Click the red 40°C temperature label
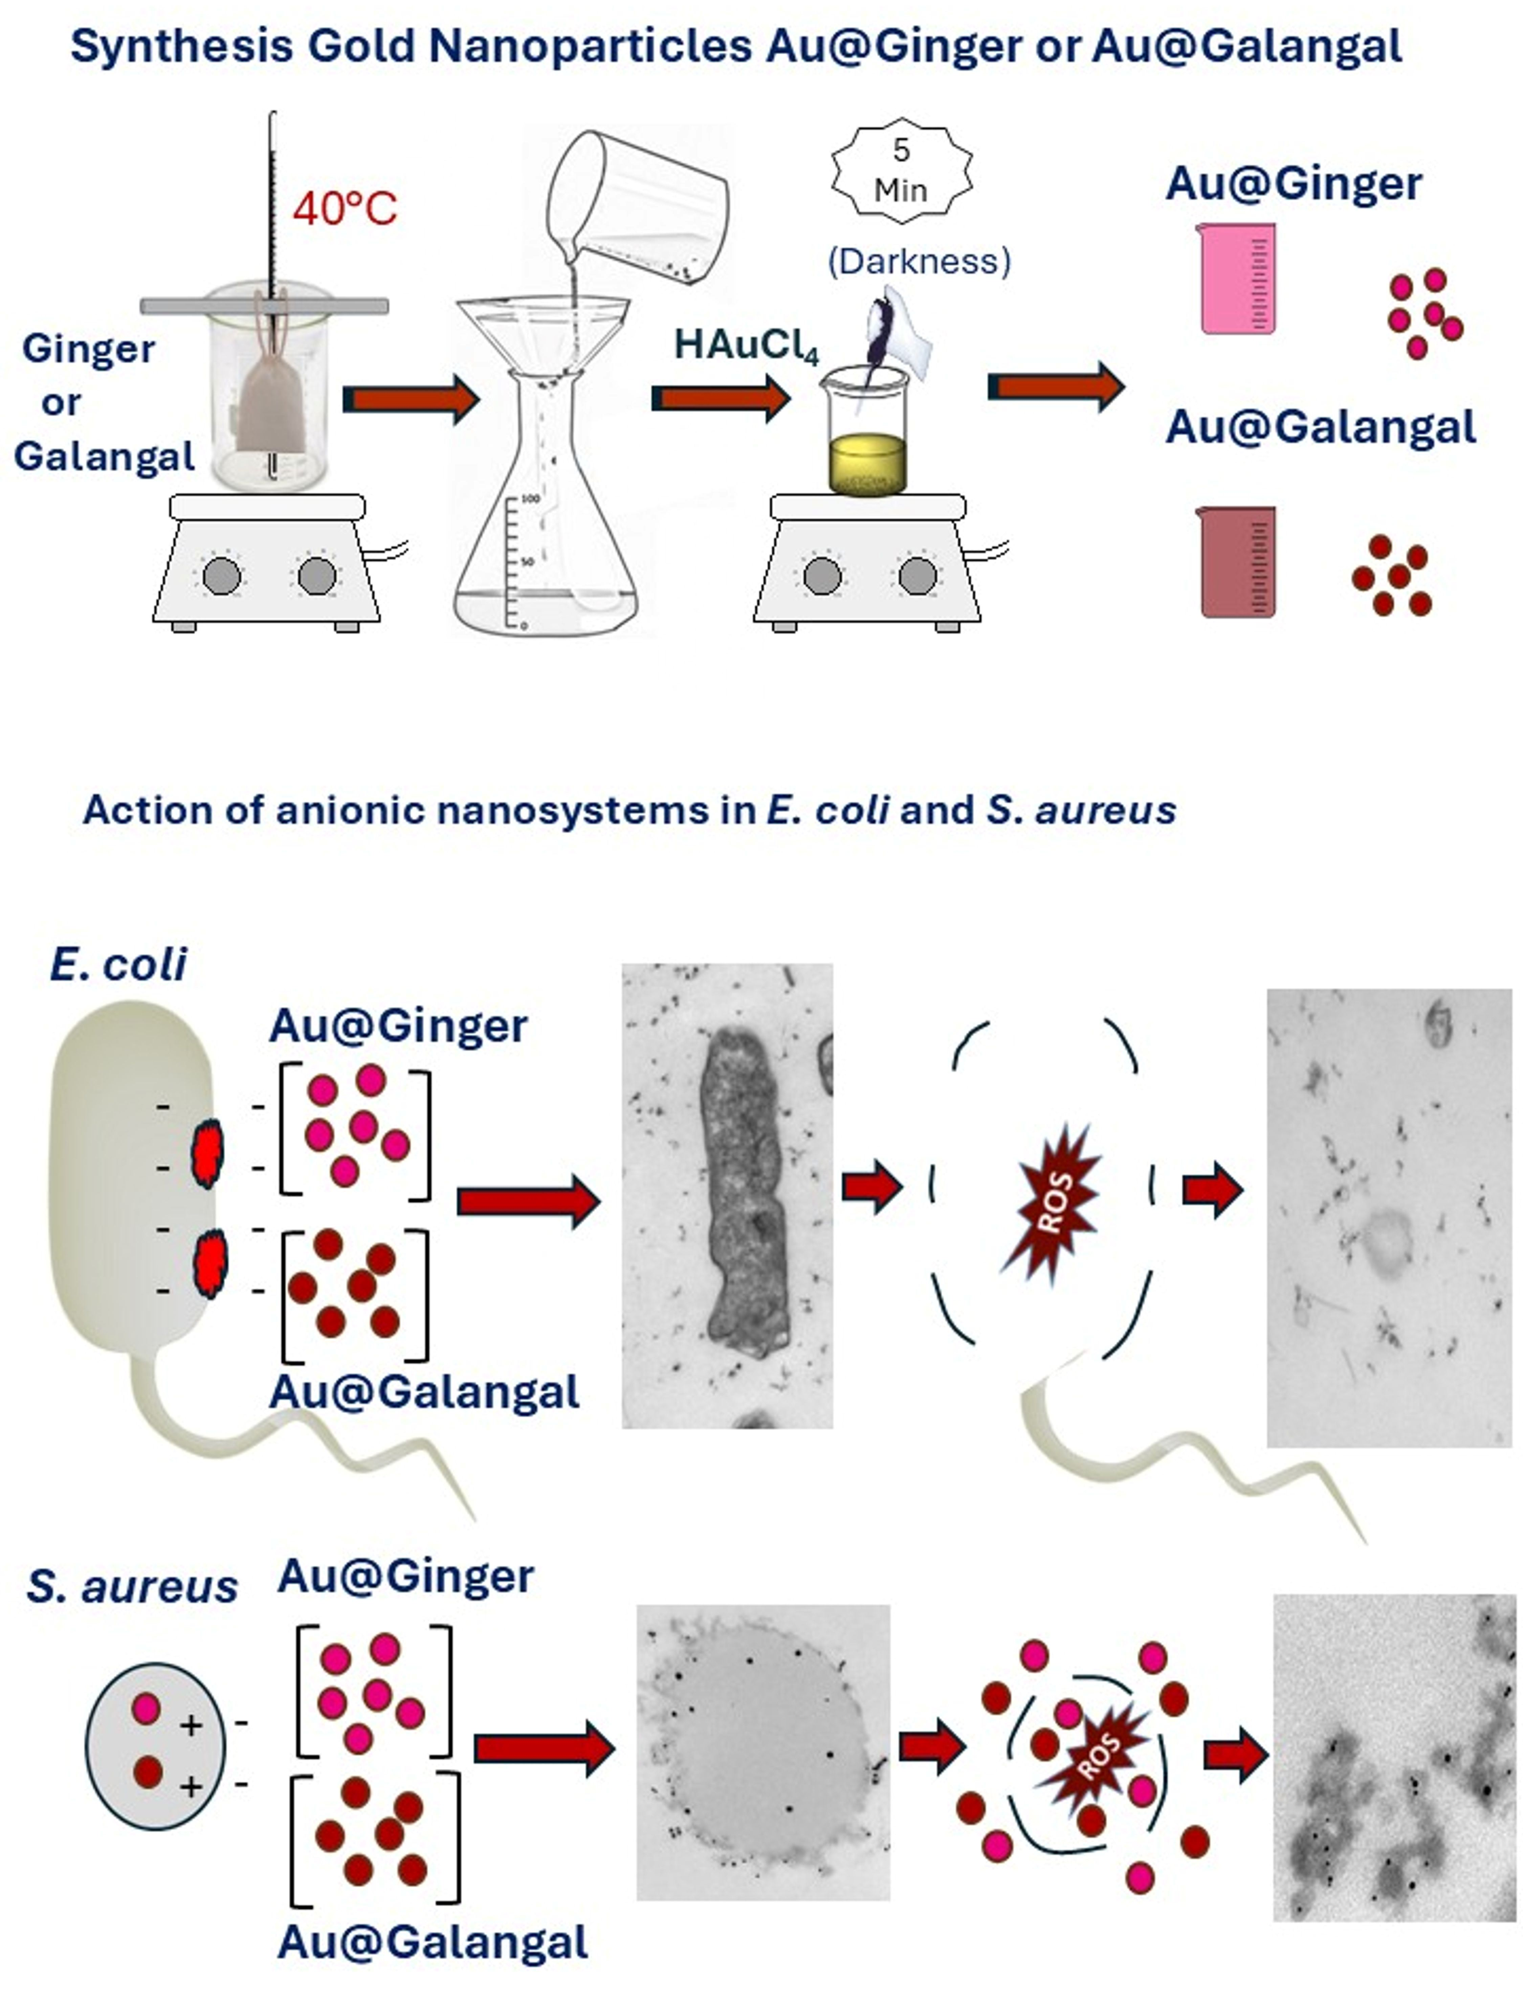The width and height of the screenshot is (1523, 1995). pyautogui.click(x=345, y=209)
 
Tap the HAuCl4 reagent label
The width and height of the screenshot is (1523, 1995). pyautogui.click(x=746, y=345)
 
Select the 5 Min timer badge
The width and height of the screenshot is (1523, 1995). pyautogui.click(x=901, y=170)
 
